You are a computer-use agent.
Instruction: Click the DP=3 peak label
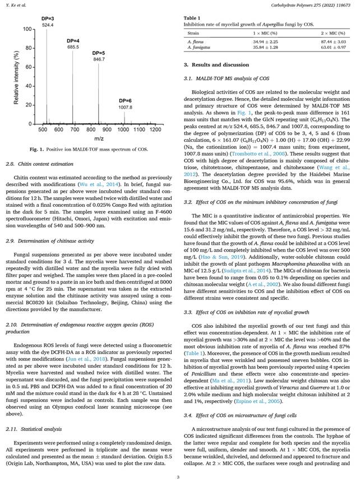48,18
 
